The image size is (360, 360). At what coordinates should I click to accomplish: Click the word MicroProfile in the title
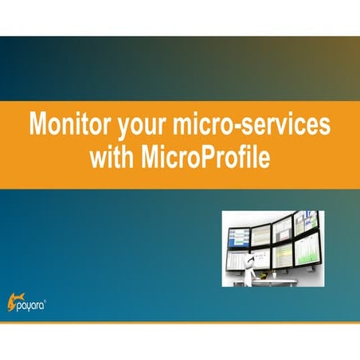pyautogui.click(x=202, y=157)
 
